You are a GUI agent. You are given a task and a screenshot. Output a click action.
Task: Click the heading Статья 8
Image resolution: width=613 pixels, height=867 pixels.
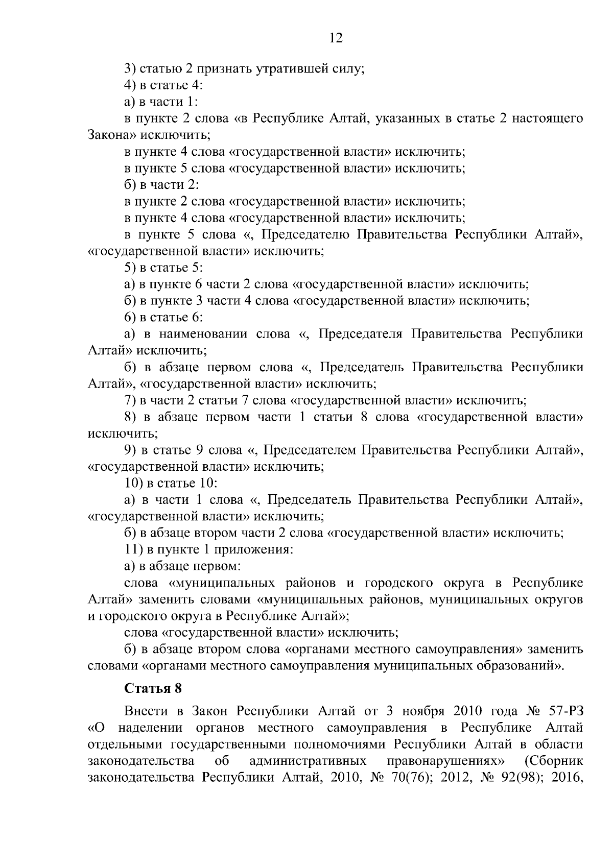153,688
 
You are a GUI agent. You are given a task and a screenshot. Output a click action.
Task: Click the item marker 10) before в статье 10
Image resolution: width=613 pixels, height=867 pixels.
134,483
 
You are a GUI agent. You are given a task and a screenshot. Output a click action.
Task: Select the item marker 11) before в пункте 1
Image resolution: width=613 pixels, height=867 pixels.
134,550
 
